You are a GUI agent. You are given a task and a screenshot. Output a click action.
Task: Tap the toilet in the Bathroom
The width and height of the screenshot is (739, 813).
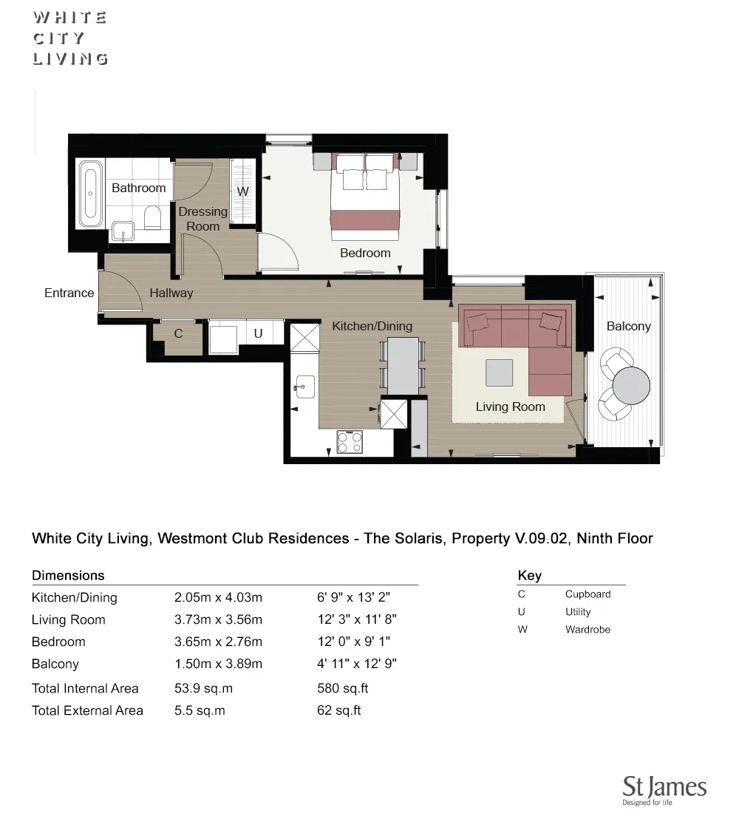(x=153, y=217)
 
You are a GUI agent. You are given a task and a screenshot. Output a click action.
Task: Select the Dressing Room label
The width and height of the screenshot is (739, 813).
(x=203, y=219)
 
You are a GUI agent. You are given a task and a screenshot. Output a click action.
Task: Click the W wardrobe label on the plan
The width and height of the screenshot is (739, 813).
(x=242, y=191)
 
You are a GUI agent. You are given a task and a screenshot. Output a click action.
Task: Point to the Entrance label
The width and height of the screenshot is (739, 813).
(x=69, y=293)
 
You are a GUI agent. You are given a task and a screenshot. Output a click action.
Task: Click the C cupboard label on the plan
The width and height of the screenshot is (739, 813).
(x=178, y=334)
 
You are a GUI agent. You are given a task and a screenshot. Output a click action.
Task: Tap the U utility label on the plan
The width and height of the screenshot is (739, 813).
(x=258, y=334)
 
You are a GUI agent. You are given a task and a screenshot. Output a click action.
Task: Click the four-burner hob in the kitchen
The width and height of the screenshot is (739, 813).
(x=350, y=441)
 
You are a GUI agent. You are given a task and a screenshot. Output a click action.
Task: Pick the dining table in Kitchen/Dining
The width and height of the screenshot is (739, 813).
(x=403, y=365)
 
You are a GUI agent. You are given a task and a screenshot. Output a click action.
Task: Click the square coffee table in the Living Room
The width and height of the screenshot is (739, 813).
(x=500, y=373)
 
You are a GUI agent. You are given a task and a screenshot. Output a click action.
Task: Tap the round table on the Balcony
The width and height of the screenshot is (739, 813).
(x=632, y=385)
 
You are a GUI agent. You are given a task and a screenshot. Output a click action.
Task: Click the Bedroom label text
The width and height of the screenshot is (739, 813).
(x=365, y=253)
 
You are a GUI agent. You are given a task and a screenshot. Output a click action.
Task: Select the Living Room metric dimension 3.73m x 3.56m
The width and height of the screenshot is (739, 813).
(x=218, y=619)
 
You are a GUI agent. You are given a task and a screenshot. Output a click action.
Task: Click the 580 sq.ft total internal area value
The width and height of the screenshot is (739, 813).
(x=342, y=688)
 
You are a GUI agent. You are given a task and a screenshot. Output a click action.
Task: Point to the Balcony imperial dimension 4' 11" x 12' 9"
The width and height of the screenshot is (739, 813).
(x=357, y=664)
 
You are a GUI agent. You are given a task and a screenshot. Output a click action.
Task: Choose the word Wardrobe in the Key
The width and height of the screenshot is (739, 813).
(x=588, y=630)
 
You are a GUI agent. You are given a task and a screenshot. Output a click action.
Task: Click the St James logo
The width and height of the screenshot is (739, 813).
(x=664, y=789)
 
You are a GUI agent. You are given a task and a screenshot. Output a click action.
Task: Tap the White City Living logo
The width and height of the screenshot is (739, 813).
(x=70, y=38)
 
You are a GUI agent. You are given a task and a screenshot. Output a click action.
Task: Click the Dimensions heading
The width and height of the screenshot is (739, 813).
(x=68, y=575)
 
